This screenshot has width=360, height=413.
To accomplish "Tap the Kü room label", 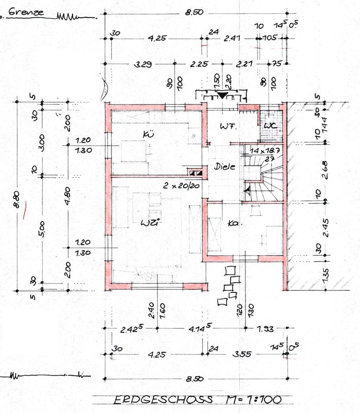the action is (x=148, y=135).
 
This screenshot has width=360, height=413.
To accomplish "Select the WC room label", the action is (x=270, y=126).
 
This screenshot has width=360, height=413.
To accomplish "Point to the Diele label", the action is (x=225, y=167).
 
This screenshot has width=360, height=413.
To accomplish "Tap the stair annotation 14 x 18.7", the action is (x=262, y=151).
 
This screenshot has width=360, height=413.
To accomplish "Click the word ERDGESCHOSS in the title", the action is (x=163, y=400).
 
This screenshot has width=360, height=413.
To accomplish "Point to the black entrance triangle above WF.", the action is (x=222, y=96).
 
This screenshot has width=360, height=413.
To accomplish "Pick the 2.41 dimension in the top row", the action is (x=231, y=38).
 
